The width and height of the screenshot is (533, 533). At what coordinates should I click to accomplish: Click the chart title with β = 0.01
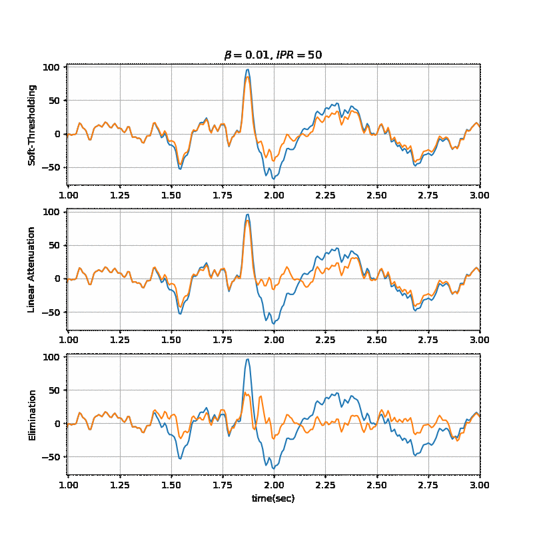[272, 55]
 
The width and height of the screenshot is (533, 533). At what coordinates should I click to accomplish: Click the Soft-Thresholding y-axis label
[32, 125]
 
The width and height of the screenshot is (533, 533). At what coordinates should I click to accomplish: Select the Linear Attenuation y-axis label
[32, 269]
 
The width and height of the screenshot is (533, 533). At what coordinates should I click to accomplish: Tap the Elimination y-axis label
[32, 415]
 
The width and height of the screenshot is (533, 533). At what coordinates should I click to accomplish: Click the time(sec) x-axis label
[273, 498]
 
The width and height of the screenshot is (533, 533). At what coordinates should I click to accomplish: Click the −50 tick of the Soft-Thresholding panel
[51, 167]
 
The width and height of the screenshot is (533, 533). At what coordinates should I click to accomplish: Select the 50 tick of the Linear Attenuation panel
[56, 245]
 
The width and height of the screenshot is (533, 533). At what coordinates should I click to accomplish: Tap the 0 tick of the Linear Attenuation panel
[59, 278]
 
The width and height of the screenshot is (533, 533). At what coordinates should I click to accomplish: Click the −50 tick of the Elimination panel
[51, 456]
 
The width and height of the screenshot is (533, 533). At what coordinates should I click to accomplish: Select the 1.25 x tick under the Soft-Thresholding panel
[119, 196]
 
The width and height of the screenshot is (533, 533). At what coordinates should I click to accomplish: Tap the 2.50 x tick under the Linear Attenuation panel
[376, 340]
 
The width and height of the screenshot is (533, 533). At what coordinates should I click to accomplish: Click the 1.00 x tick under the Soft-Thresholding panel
[68, 196]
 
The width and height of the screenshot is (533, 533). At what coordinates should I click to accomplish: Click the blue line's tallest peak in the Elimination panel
[248, 359]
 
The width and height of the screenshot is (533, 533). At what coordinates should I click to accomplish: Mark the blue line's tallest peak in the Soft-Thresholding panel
[248, 69]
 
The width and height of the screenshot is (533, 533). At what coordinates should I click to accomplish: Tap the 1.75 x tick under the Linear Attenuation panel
[223, 340]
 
